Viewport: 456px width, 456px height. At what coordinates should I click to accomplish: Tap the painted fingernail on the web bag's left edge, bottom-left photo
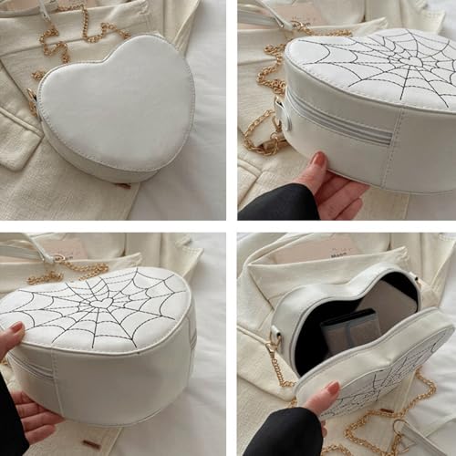point(16,326)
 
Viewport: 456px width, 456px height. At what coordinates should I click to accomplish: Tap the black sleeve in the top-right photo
point(269,202)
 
